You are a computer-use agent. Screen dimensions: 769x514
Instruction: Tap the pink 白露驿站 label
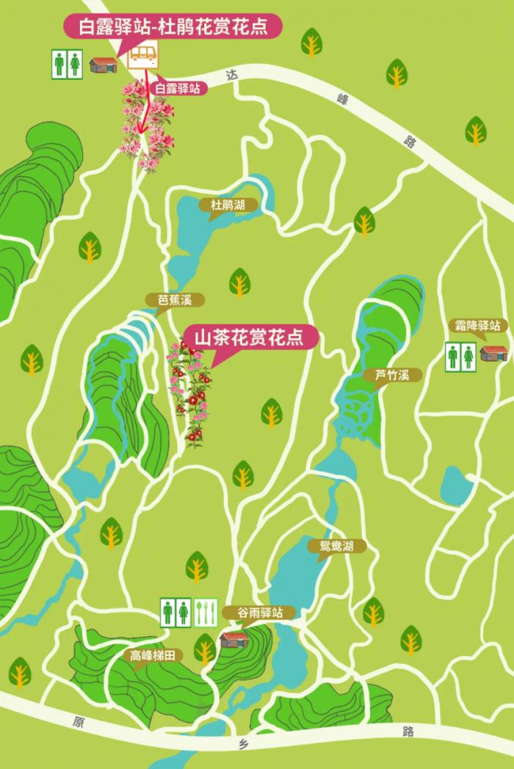click(178, 88)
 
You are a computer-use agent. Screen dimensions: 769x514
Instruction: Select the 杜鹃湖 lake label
click(228, 205)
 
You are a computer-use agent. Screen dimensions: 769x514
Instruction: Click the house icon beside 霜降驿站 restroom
click(493, 354)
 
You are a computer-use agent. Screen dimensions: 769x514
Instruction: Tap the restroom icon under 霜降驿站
click(460, 357)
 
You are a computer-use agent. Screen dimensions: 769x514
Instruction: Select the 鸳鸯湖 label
click(336, 546)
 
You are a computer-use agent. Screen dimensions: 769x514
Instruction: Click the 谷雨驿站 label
click(267, 613)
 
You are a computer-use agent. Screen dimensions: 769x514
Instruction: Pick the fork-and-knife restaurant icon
click(206, 613)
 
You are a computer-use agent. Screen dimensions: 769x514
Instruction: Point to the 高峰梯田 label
click(152, 656)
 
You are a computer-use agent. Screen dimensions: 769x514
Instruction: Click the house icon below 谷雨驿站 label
click(235, 638)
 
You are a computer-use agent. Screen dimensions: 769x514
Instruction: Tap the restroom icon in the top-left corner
click(67, 64)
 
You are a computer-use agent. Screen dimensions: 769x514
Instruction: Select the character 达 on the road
click(233, 75)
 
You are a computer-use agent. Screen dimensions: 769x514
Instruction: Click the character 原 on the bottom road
click(79, 722)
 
